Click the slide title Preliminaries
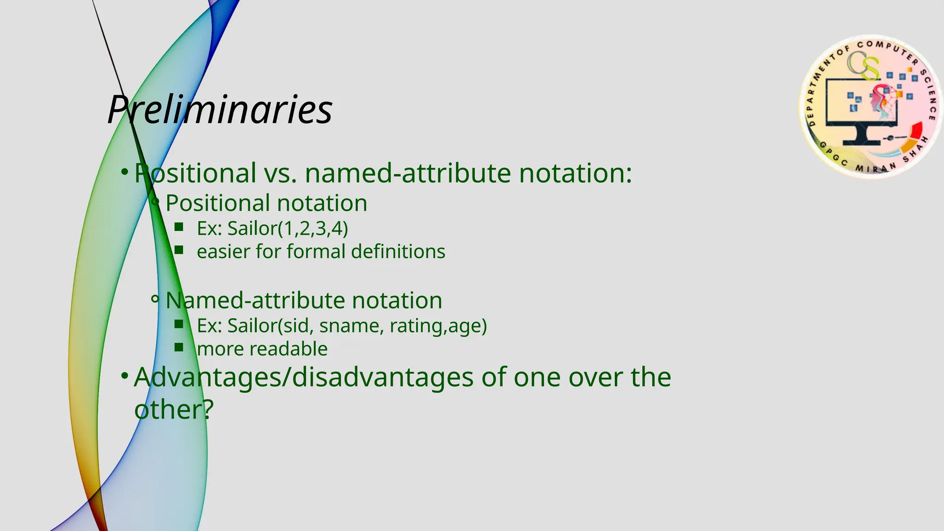coord(220,110)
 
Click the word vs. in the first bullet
coord(280,173)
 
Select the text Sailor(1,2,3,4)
coord(288,229)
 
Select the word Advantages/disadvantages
coord(303,377)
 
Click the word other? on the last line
coord(174,409)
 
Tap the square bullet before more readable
coord(179,347)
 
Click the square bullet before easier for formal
coord(179,250)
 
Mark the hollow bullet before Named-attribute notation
coord(155,300)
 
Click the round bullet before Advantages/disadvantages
coord(124,376)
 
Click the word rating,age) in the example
coord(438,326)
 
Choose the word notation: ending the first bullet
coord(575,173)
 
